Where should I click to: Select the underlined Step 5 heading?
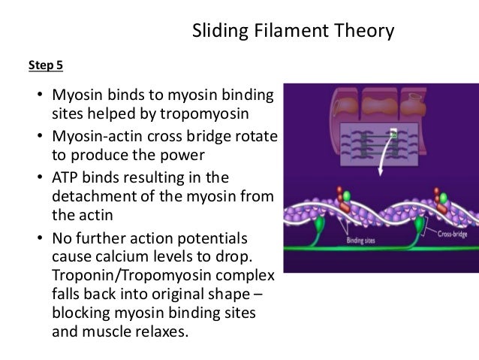[x=46, y=65]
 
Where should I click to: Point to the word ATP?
[x=65, y=177]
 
